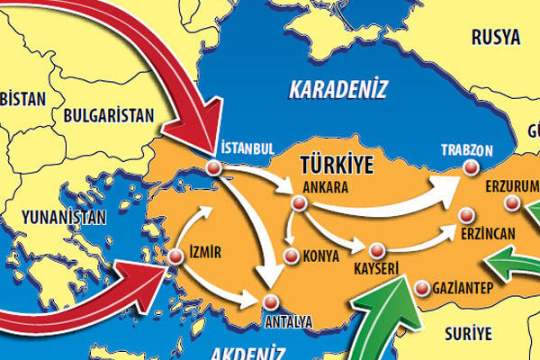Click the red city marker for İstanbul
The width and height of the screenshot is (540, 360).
(213, 167)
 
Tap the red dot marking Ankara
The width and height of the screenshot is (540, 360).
(299, 204)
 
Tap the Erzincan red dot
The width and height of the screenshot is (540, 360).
(466, 215)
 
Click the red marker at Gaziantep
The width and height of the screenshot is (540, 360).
(424, 289)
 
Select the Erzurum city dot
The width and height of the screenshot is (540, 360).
(513, 203)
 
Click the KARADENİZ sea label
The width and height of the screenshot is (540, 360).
(337, 89)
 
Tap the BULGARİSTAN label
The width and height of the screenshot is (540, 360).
(110, 114)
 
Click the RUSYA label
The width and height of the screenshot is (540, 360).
(495, 37)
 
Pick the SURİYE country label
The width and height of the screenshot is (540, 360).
(469, 334)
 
